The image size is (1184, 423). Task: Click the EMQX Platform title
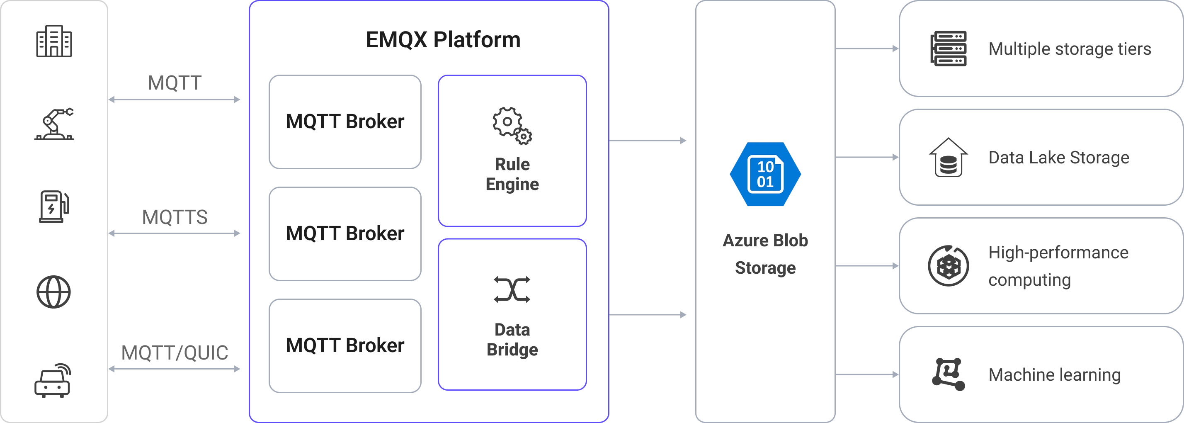(x=443, y=39)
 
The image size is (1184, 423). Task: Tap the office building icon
(x=54, y=41)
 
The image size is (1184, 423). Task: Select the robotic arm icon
(x=54, y=124)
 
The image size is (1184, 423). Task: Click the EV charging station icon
(x=54, y=207)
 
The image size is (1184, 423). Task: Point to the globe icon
(x=54, y=292)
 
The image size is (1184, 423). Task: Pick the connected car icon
(x=53, y=381)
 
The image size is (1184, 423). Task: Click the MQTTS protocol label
(x=175, y=217)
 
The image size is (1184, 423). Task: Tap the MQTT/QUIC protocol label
(x=175, y=352)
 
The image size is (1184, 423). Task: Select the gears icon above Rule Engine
(x=512, y=126)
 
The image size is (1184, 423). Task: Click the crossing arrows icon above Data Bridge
(x=512, y=289)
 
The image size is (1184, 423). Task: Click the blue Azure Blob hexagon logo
(x=765, y=174)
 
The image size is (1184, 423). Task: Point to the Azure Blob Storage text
(x=765, y=254)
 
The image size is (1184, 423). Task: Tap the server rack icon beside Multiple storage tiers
(x=949, y=49)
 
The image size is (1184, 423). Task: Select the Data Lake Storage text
(x=1058, y=158)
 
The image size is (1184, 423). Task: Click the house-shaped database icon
(x=948, y=158)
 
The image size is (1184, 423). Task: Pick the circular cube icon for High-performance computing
(x=948, y=266)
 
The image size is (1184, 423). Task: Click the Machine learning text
(x=1054, y=375)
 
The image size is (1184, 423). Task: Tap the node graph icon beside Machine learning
(x=948, y=374)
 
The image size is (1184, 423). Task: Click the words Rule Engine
(x=512, y=174)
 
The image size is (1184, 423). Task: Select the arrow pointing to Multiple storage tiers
(x=867, y=48)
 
